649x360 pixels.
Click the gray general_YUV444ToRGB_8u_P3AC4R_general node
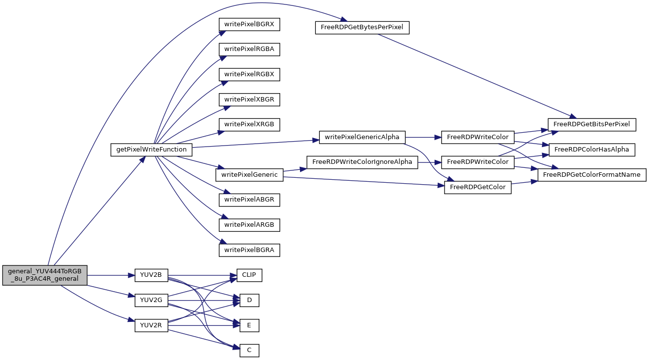tap(45, 275)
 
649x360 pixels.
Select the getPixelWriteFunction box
tap(151, 150)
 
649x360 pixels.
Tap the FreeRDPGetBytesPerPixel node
tap(362, 28)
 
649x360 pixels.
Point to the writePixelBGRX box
tap(249, 24)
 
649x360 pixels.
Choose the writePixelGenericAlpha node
tap(362, 137)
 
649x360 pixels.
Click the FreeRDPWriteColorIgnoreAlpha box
tap(362, 162)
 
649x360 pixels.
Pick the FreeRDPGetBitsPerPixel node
tap(592, 125)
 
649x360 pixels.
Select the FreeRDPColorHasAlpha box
tap(592, 150)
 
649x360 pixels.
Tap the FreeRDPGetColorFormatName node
tap(592, 175)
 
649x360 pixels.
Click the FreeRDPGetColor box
tap(478, 187)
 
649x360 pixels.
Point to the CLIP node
tap(249, 275)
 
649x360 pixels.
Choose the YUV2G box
tap(151, 300)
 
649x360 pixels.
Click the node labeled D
tap(249, 300)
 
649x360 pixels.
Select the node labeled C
tap(249, 351)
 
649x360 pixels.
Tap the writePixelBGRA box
tap(249, 250)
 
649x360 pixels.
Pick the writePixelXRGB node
tap(249, 125)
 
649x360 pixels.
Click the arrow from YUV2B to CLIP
tap(202, 275)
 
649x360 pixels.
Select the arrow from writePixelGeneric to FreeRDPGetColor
tap(364, 181)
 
